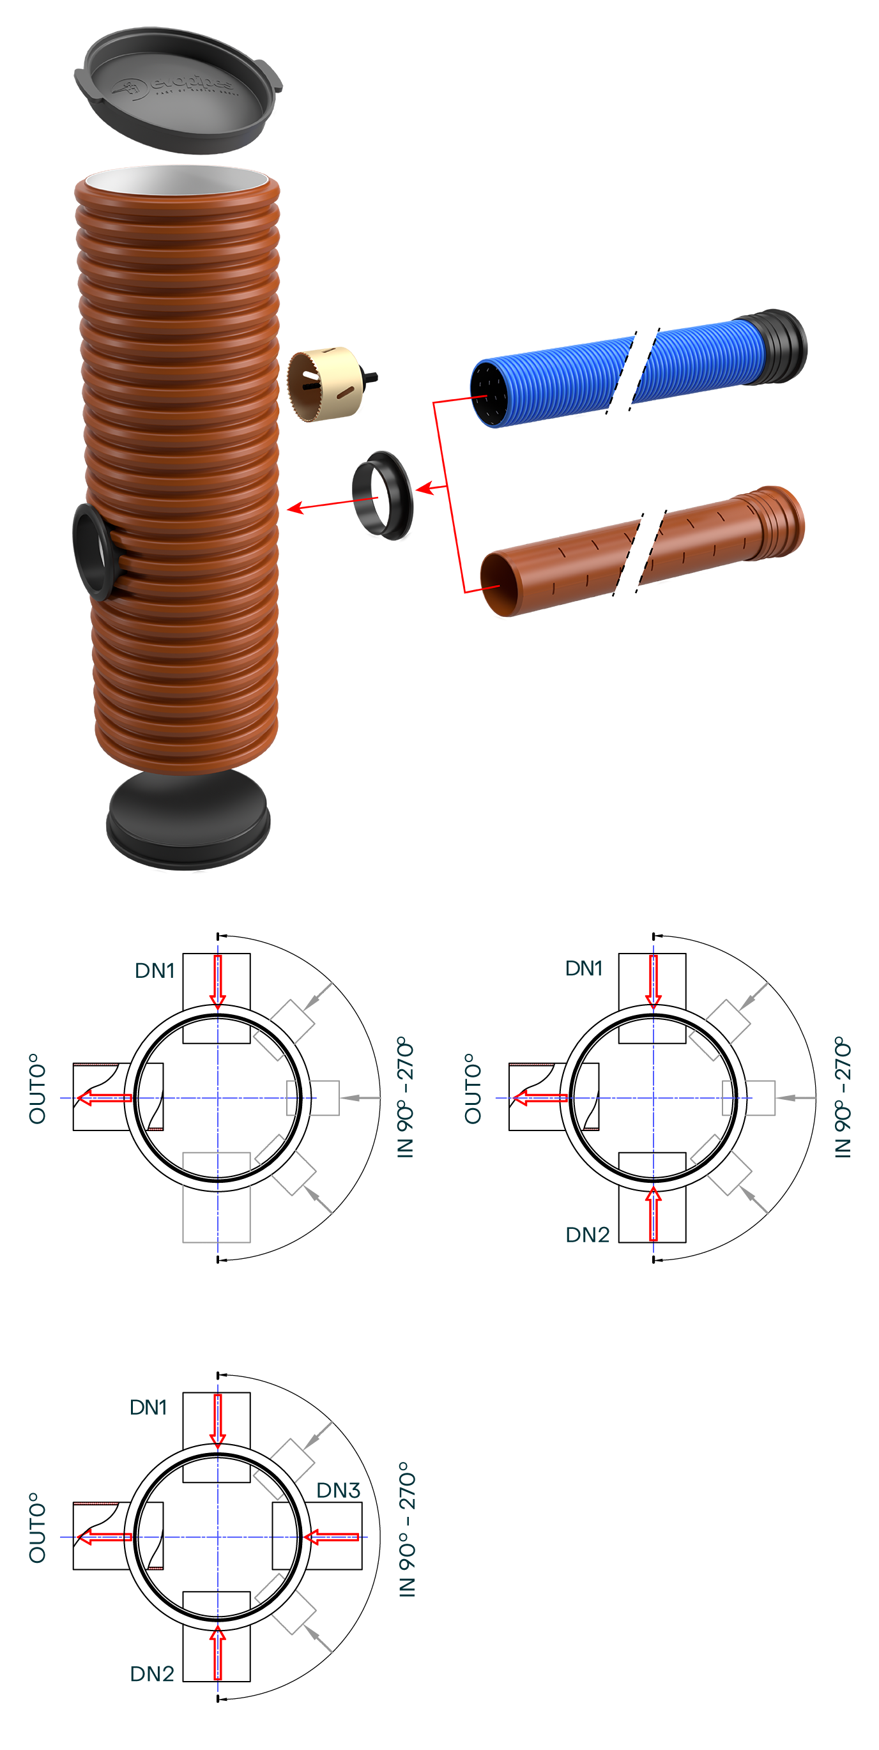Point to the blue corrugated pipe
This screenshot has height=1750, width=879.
point(611,374)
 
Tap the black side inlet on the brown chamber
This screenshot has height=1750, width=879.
point(93,551)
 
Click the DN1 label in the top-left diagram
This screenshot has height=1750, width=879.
point(155,970)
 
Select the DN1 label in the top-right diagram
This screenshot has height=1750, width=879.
point(583,968)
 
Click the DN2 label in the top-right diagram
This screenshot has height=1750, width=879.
point(587,1234)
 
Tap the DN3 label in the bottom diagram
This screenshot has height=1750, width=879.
point(337,1490)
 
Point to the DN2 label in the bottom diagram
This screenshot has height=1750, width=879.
point(151,1673)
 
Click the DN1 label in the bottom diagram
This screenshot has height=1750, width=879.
point(148,1407)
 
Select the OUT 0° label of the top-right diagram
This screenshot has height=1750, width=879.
point(473,1088)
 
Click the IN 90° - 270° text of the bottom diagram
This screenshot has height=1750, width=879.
point(406,1528)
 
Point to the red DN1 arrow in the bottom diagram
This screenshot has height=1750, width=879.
point(217,1420)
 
